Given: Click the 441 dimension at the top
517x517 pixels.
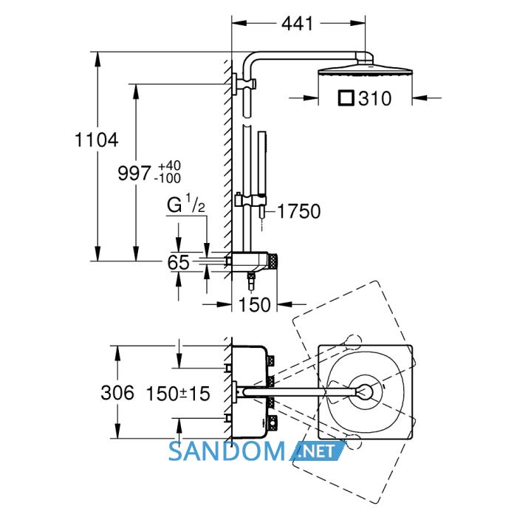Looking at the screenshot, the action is pos(297,24).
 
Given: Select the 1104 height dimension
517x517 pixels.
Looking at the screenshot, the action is pos(96,140).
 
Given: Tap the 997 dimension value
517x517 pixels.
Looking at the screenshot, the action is pos(134,173).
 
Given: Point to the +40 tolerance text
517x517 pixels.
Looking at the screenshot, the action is pos(169,165).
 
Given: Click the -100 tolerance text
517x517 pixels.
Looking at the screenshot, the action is pos(168,179).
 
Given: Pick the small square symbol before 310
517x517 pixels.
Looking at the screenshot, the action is pos(346,98).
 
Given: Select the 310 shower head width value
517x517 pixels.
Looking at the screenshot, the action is pos(375,98).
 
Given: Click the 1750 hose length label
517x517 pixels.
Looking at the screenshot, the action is pos(298,211).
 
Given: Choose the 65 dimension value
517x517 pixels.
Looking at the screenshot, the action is pos(179,262).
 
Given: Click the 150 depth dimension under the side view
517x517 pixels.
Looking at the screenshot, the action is pos(254,304).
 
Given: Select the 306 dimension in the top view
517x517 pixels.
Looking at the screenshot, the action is pos(117,393).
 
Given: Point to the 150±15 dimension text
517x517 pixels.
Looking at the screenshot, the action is pos(178,394).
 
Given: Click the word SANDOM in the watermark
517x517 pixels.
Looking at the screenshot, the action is pos(227,451).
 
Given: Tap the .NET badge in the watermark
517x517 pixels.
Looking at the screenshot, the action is pos(318,451).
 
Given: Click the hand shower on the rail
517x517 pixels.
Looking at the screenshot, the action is pos(261,175).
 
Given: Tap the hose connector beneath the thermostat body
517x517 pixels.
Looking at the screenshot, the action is pos(251,280).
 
